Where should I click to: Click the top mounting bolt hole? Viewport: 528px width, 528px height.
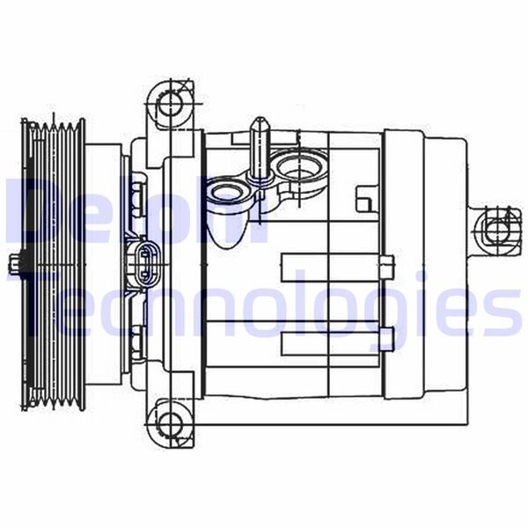click(x=171, y=104)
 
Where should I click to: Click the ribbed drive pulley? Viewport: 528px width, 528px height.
click(x=53, y=264)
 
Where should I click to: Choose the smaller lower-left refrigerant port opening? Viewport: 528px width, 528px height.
click(x=226, y=194)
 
